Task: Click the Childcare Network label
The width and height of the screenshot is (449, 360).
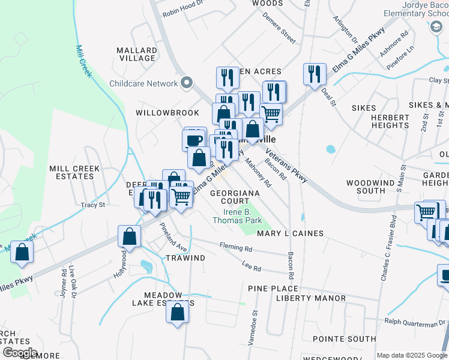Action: (143, 83)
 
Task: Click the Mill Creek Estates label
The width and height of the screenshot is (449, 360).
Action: (74, 173)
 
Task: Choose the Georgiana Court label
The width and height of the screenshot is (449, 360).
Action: (235, 197)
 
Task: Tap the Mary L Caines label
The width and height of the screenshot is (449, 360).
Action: (290, 233)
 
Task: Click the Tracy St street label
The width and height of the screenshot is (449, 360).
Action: (93, 205)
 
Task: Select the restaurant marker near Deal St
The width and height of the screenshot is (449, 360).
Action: (315, 74)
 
